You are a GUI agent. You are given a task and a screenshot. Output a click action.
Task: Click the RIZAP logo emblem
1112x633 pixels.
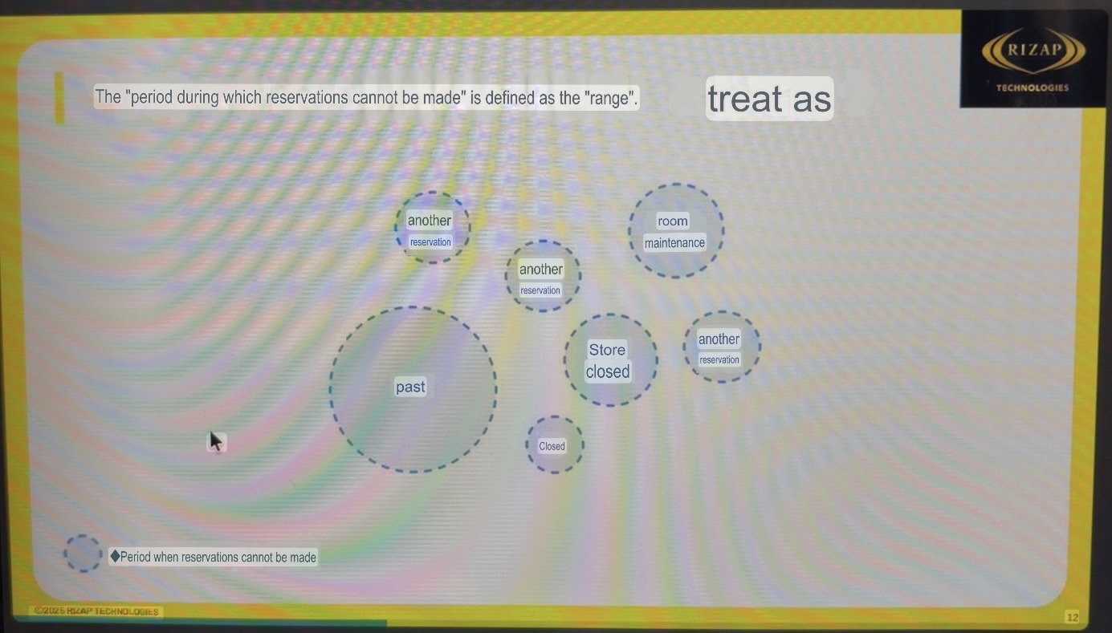pos(1033,51)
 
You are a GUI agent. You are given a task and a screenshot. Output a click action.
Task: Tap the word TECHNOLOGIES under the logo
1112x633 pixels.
pos(1033,87)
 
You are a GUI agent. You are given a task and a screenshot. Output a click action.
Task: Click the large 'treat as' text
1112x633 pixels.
pos(769,99)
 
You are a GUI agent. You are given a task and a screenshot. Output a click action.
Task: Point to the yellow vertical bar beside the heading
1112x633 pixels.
pos(59,98)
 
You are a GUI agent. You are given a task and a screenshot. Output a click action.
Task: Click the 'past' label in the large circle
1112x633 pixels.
pos(410,387)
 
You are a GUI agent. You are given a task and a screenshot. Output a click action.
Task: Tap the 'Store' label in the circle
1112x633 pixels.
pos(607,350)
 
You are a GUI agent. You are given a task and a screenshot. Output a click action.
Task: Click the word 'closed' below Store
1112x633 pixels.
pos(608,371)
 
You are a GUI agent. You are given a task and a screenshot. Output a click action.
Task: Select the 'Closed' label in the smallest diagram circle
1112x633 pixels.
pos(552,446)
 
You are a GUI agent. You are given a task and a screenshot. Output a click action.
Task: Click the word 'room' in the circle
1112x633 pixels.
pos(673,221)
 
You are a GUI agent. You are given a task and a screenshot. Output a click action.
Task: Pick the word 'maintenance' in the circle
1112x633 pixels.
pos(674,242)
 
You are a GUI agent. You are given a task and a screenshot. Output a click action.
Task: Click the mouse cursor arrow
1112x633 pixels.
pos(215,440)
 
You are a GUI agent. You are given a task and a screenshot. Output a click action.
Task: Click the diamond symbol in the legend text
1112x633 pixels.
pos(115,556)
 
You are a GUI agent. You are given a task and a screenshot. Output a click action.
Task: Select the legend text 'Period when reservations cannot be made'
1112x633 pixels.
pos(218,557)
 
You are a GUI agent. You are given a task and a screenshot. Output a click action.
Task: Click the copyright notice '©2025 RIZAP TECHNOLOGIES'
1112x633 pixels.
pos(96,611)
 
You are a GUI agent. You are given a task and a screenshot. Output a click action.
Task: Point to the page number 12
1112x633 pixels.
pos(1073,617)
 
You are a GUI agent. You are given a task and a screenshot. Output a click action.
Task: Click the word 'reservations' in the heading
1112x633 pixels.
pos(306,97)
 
